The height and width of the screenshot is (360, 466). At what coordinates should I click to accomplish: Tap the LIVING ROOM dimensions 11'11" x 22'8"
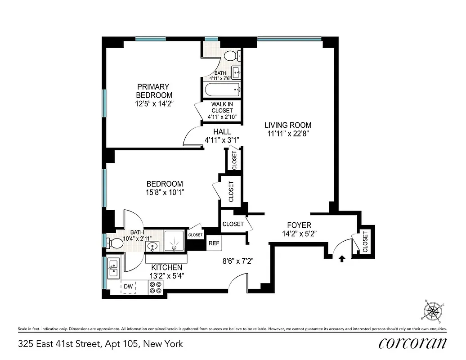pyautogui.click(x=288, y=133)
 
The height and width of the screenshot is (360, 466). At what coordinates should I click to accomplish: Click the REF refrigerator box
pyautogui.click(x=214, y=243)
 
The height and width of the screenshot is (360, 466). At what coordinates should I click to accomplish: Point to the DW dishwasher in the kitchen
pyautogui.click(x=128, y=287)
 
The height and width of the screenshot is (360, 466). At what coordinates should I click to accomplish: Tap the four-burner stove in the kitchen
pyautogui.click(x=156, y=287)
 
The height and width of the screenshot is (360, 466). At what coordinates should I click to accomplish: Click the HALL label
pyautogui.click(x=222, y=132)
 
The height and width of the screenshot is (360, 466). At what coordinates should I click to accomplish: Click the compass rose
pyautogui.click(x=433, y=310)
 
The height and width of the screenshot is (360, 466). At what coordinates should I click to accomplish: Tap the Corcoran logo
pyautogui.click(x=412, y=343)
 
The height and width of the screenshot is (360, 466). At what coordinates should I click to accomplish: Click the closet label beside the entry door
pyautogui.click(x=365, y=242)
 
